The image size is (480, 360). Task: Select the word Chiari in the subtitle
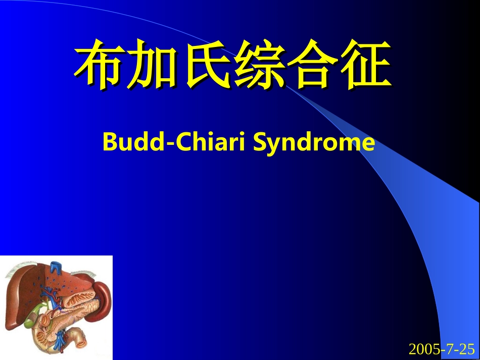point(211,141)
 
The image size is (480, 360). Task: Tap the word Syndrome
point(314,143)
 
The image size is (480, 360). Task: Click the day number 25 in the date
point(468,349)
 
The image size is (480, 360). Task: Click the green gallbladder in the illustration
point(33,315)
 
